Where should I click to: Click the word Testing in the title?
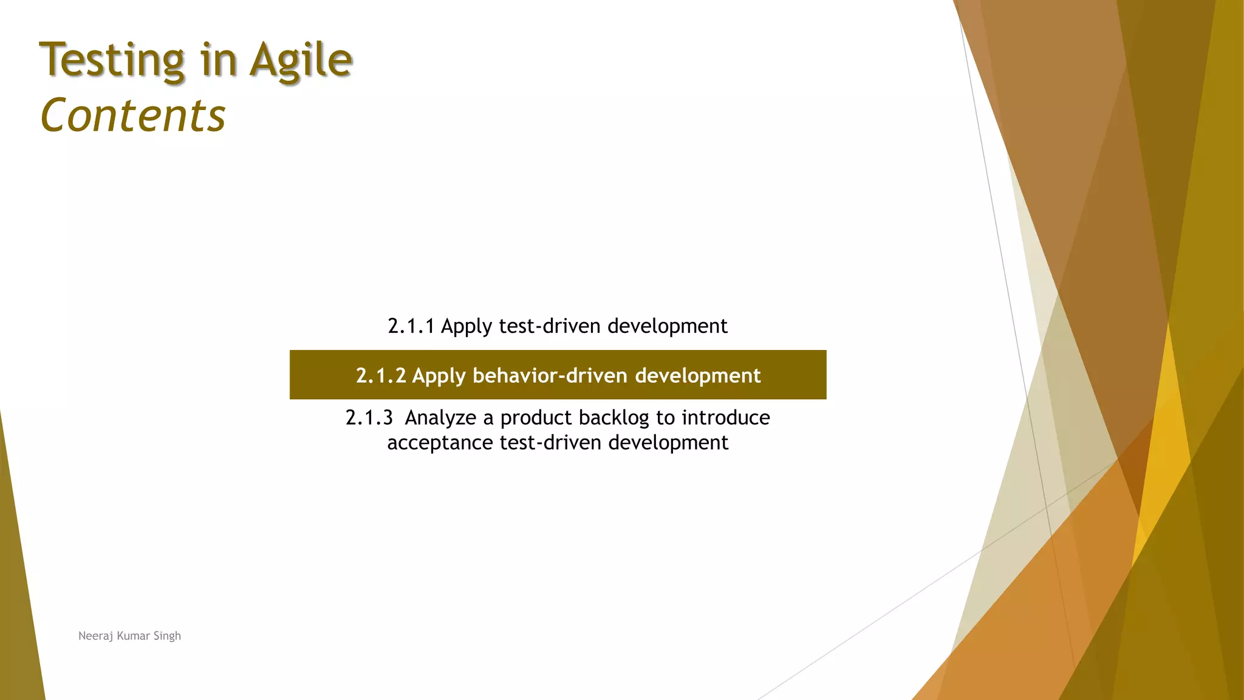coord(112,61)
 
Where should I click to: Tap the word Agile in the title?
coord(301,61)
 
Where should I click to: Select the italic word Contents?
coord(133,115)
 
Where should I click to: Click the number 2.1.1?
coord(411,326)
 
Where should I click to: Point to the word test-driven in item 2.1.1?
coord(550,326)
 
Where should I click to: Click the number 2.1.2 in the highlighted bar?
coord(380,376)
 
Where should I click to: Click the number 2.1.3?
coord(369,418)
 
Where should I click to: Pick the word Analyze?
coord(440,418)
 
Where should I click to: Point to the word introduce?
coord(726,418)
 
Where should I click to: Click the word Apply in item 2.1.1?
coord(466,327)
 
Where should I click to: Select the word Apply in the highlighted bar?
coord(439,376)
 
